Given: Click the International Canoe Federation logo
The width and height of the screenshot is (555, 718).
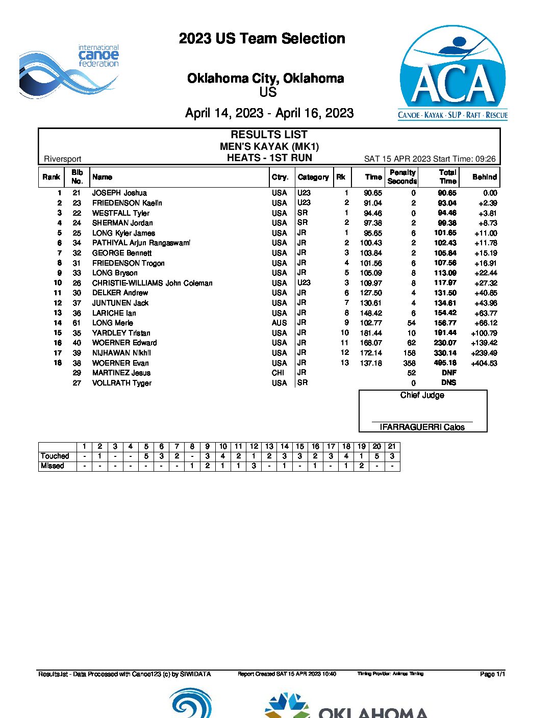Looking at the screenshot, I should [69, 70].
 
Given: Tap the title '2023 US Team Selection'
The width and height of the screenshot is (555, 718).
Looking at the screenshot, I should [262, 39].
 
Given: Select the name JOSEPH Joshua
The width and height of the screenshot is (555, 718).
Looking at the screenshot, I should [119, 193].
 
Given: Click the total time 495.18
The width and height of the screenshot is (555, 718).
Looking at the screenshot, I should [445, 363].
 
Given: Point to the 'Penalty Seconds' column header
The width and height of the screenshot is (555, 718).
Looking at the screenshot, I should [402, 177].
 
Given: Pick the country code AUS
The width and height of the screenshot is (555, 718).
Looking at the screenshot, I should [279, 323].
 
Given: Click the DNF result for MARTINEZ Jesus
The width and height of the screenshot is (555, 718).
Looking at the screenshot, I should [448, 373].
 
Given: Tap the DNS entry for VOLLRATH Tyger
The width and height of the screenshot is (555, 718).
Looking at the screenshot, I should [448, 383].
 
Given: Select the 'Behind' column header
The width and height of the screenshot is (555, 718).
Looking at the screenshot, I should [484, 177].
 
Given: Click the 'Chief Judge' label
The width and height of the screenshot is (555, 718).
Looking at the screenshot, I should [422, 395].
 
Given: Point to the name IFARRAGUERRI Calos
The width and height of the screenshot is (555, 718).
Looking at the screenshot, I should [422, 427].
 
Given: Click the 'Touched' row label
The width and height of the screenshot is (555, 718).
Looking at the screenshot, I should [55, 456].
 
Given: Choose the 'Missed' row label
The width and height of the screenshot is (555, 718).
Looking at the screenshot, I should [53, 466].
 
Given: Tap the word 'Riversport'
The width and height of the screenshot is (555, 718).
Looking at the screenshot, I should [63, 159].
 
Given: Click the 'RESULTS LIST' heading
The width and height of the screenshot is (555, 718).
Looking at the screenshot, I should [269, 135].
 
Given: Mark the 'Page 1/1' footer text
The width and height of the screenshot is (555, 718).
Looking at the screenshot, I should [492, 674].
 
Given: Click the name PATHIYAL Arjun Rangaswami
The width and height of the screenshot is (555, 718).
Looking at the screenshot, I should [141, 243].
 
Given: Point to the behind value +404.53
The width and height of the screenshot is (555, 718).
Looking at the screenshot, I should [484, 363].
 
